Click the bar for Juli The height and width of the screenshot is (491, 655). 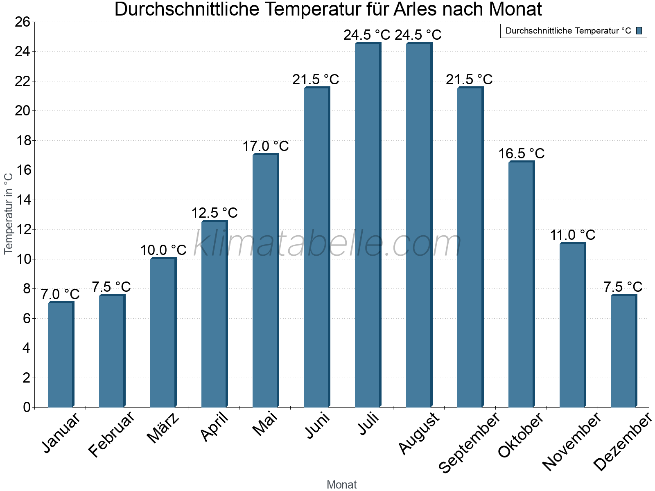click(368, 225)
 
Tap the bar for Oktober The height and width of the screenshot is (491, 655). click(521, 284)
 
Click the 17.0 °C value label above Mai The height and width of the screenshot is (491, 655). click(266, 146)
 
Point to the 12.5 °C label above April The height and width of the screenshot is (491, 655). click(215, 213)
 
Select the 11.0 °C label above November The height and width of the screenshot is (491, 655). click(572, 235)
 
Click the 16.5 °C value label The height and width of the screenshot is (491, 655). click(521, 154)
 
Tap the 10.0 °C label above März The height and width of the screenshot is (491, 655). click(163, 250)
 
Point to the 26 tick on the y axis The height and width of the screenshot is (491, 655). click(23, 22)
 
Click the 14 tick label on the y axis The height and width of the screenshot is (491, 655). click(23, 200)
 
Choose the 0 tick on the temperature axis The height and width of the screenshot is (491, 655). click(27, 407)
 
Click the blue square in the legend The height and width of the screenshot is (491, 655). click(639, 31)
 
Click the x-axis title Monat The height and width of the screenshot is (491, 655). click(342, 485)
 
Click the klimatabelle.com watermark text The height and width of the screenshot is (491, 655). click(327, 244)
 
